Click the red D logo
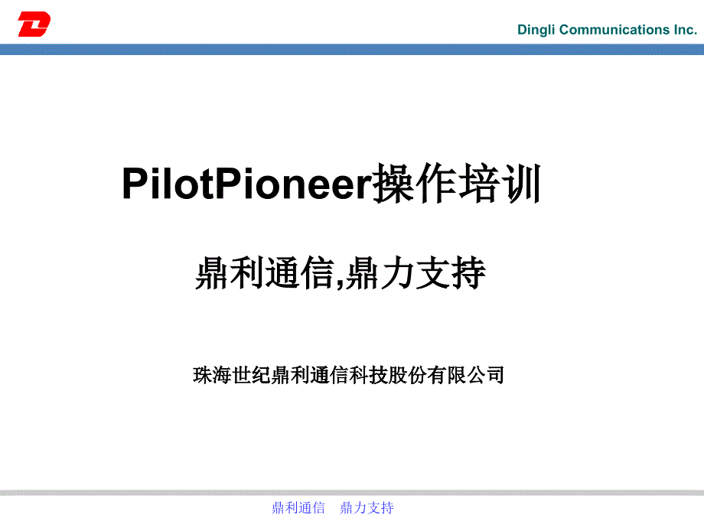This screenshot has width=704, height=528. click(x=34, y=24)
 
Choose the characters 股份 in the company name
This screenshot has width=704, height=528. click(x=408, y=375)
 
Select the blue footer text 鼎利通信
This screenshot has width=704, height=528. click(x=298, y=508)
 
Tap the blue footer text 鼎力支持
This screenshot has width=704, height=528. click(x=367, y=508)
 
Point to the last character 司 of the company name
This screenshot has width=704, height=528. click(x=495, y=375)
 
